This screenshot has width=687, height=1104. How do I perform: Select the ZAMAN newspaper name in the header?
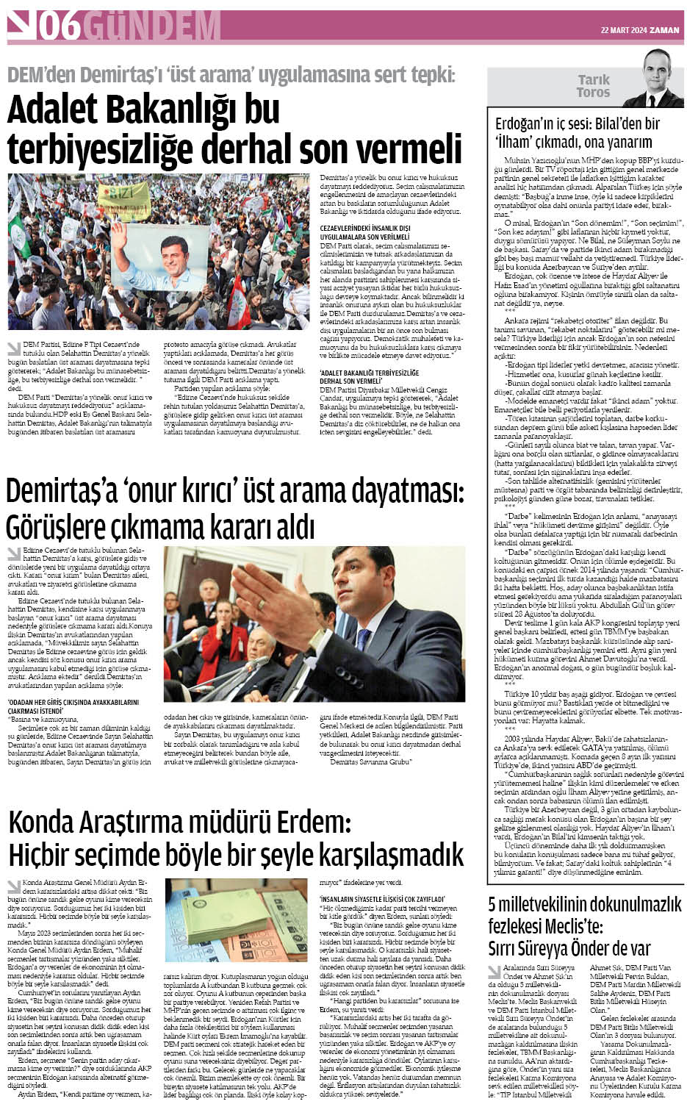pos(666,30)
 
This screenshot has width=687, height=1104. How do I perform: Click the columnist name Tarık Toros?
pos(593,87)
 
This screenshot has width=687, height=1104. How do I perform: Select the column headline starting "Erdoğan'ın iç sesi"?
pos(576,133)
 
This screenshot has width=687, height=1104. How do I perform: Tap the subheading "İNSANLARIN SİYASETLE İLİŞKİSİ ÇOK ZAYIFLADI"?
pos(382,898)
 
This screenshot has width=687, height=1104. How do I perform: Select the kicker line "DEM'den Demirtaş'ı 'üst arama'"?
pos(231,74)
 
